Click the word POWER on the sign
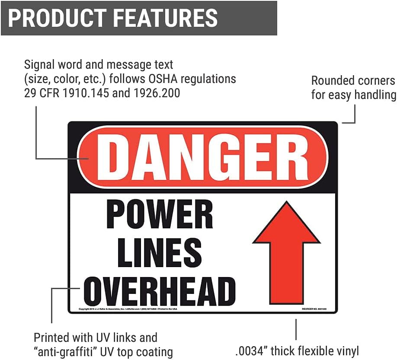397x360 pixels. pyautogui.click(x=160, y=215)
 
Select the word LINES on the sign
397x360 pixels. pyautogui.click(x=160, y=252)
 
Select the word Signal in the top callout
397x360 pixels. pyautogui.click(x=38, y=65)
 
